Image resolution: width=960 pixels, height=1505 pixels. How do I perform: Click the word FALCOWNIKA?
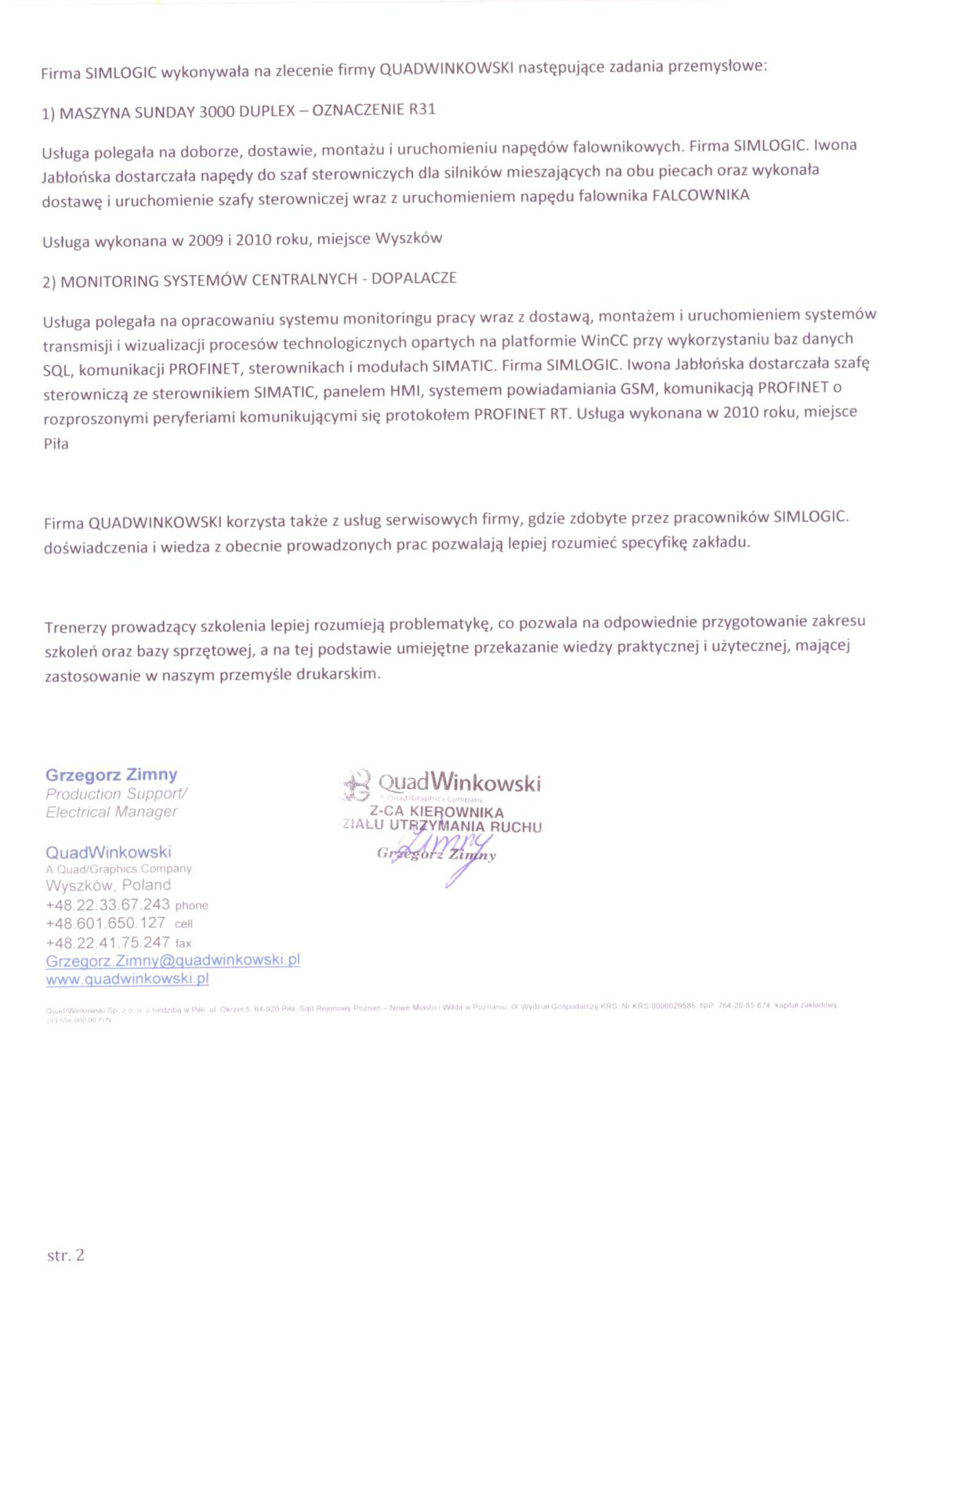click(701, 195)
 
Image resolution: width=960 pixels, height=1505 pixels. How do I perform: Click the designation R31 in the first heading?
click(422, 109)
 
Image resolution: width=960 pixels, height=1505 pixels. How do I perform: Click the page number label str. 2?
click(65, 1255)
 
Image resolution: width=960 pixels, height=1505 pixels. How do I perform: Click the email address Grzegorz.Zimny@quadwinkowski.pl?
click(172, 960)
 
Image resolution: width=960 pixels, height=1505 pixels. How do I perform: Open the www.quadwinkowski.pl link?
click(127, 979)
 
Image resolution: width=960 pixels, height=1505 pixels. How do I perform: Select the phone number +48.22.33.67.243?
click(107, 905)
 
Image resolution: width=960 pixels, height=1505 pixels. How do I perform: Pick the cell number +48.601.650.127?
click(106, 923)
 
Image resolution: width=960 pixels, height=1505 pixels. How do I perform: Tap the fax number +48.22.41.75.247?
click(107, 942)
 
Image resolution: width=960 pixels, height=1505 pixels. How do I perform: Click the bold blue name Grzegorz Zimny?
click(111, 774)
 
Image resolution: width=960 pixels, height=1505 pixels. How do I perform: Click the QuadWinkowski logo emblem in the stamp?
click(357, 784)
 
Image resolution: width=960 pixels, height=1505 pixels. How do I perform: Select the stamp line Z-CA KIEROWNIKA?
click(437, 812)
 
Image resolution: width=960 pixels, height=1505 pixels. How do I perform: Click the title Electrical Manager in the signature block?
click(111, 812)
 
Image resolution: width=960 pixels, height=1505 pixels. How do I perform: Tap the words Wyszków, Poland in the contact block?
click(108, 885)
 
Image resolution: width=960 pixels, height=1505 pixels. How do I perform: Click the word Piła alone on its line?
click(56, 444)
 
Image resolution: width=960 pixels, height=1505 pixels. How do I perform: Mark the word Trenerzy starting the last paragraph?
click(76, 627)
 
